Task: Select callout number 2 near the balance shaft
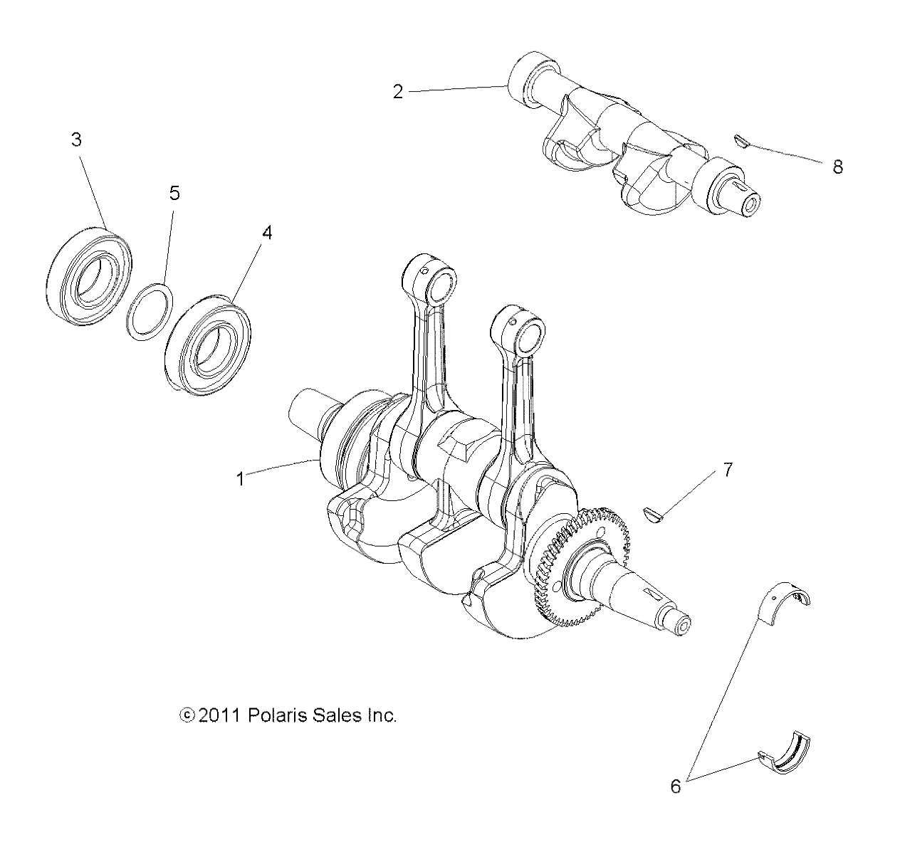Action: click(x=398, y=91)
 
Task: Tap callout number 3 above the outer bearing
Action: click(x=76, y=140)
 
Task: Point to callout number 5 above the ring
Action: click(x=174, y=193)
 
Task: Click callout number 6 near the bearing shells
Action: click(x=676, y=786)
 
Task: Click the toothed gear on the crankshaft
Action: click(x=570, y=569)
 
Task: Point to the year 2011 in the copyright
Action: click(x=221, y=715)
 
